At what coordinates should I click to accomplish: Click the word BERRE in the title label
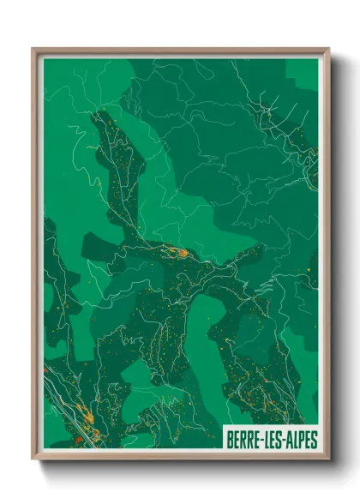point(244,440)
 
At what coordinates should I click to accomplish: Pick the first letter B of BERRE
point(229,440)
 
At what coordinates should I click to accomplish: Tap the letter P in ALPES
point(299,440)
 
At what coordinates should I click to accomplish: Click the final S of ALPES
point(314,440)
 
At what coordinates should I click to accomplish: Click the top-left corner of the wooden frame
point(33,49)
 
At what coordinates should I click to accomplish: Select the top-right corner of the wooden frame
point(328,49)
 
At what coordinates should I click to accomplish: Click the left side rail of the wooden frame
point(36,257)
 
